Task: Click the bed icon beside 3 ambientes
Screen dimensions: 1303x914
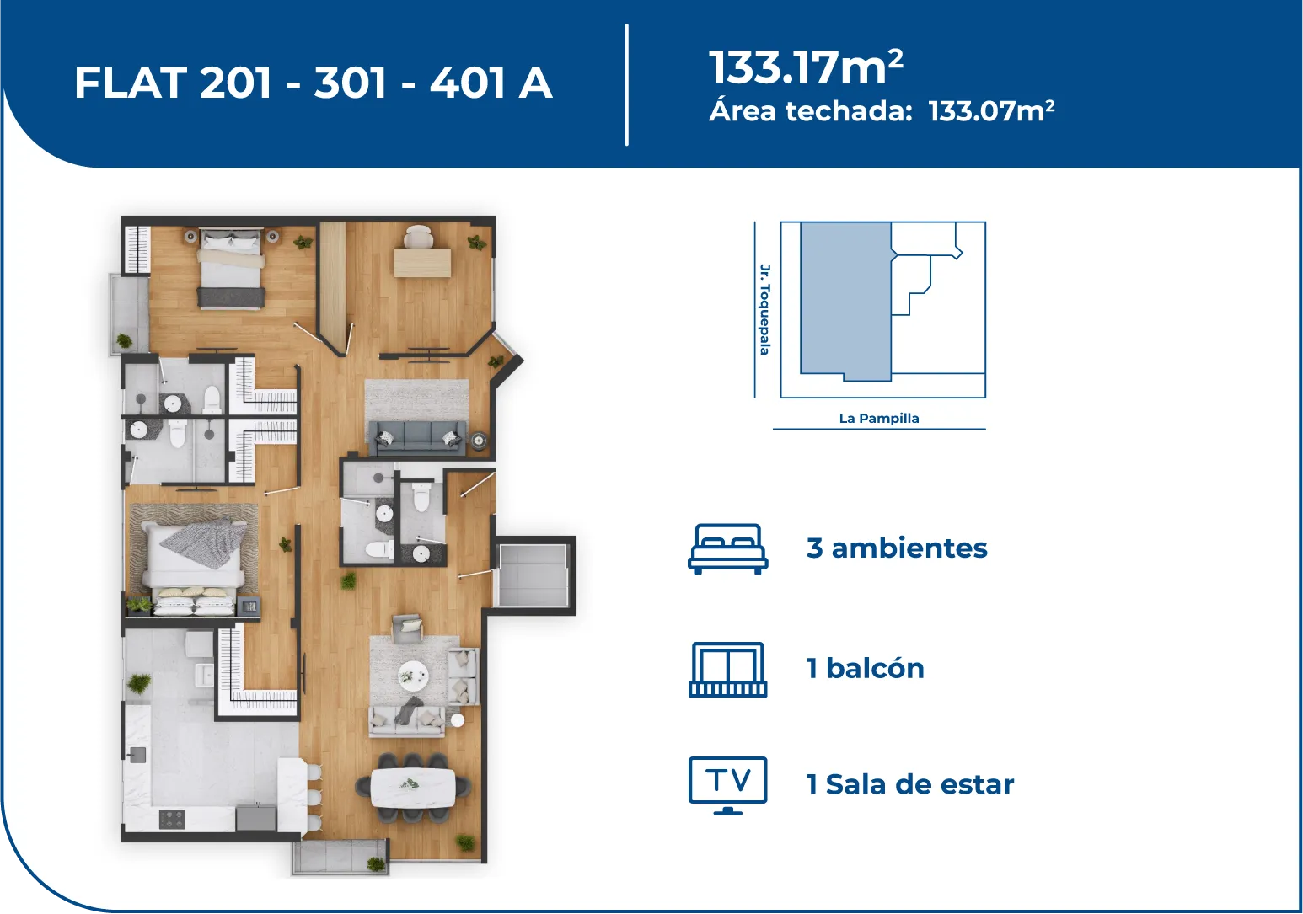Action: coord(727,549)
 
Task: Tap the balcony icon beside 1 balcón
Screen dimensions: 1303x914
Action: coord(727,669)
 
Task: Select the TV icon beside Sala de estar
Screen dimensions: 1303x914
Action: coord(727,785)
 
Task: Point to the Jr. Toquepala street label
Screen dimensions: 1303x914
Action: coord(765,309)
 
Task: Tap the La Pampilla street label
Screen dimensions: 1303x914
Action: coord(879,418)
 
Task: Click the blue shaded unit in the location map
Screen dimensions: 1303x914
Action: coord(845,302)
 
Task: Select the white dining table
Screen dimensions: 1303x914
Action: coord(413,788)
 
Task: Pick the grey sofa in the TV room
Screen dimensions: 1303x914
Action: coord(418,438)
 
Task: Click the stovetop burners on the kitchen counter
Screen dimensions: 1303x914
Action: coord(172,819)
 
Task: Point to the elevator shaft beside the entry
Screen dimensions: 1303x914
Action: coord(534,575)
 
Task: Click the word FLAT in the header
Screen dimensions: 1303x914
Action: coord(131,83)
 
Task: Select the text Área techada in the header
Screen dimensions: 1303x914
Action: coord(810,110)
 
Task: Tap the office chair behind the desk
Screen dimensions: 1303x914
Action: coord(419,236)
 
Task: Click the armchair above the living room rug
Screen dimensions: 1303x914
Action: coord(408,628)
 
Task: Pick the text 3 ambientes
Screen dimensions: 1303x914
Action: coord(897,548)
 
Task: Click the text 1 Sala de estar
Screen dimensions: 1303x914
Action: coord(910,784)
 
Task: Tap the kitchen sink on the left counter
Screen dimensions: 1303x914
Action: coord(137,755)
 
